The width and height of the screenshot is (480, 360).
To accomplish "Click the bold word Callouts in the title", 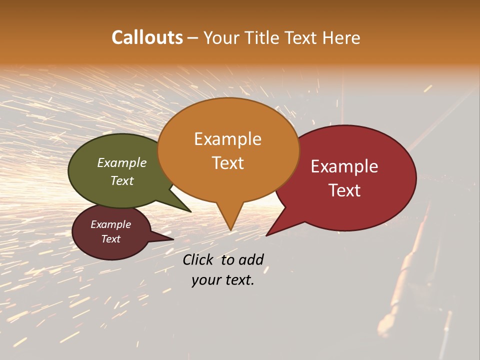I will [x=147, y=37].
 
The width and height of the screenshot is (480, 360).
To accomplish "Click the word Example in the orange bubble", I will [x=227, y=139].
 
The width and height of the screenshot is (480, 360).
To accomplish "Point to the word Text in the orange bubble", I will [x=227, y=163].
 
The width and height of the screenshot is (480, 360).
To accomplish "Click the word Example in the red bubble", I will [x=344, y=166].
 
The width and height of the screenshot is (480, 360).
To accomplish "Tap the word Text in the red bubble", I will [x=344, y=190].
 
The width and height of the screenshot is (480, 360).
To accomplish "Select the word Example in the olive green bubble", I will [x=122, y=162].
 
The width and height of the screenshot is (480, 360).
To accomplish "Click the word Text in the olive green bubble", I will [x=122, y=180].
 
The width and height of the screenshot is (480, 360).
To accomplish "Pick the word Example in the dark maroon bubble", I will [x=111, y=224].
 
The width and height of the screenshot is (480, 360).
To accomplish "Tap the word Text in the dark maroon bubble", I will [x=111, y=239].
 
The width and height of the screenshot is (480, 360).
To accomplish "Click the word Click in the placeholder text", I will [x=197, y=259].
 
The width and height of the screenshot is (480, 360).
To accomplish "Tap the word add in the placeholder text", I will [x=251, y=259].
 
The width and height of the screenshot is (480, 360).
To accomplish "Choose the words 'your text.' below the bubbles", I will [x=223, y=280].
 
